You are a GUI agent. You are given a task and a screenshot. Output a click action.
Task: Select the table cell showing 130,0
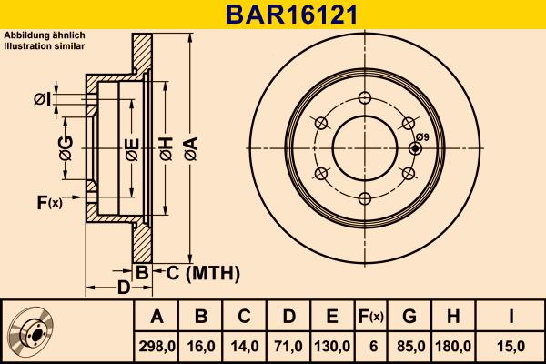(x=332, y=346)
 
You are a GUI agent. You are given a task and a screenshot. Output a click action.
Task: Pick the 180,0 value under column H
(x=455, y=346)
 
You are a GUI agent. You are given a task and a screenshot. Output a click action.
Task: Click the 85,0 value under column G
(x=409, y=346)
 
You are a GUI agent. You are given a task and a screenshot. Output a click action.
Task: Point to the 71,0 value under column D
(x=288, y=346)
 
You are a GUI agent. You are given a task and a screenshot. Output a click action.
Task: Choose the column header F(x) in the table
(x=372, y=316)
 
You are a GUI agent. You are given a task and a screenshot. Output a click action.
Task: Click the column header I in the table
(x=511, y=316)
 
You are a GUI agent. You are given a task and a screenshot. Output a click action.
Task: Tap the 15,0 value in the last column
(x=511, y=346)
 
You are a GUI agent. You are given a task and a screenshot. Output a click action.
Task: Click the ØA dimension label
(x=189, y=147)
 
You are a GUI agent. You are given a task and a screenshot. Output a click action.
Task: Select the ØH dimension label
(x=166, y=147)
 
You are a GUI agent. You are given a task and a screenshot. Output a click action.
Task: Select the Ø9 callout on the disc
(x=422, y=136)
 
